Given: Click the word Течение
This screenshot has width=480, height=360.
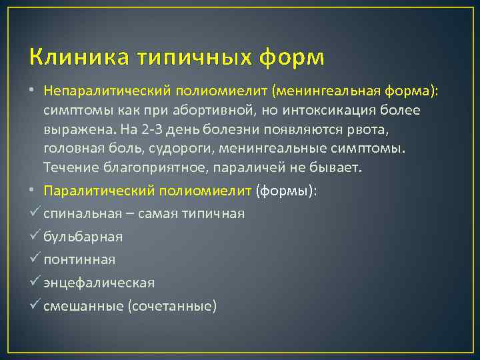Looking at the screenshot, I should pyautogui.click(x=71, y=167).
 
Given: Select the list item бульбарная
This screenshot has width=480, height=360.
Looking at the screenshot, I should pyautogui.click(x=83, y=237).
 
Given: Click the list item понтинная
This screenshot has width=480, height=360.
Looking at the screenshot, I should pyautogui.click(x=79, y=259).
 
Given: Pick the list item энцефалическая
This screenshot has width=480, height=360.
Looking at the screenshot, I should pyautogui.click(x=99, y=283).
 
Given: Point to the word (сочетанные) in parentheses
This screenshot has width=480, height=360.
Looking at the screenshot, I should pyautogui.click(x=175, y=306).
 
